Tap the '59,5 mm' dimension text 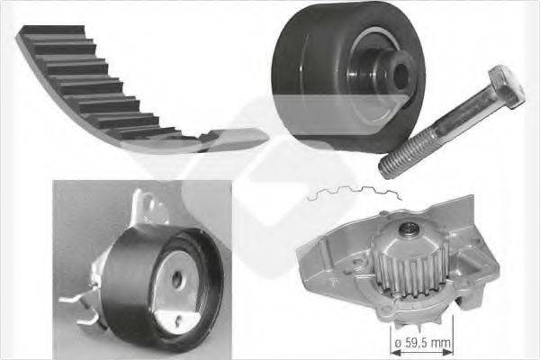click(x=424, y=344)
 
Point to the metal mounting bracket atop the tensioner click(x=148, y=212)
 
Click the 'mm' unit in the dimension click(x=441, y=344)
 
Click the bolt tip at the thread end click(x=385, y=168)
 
